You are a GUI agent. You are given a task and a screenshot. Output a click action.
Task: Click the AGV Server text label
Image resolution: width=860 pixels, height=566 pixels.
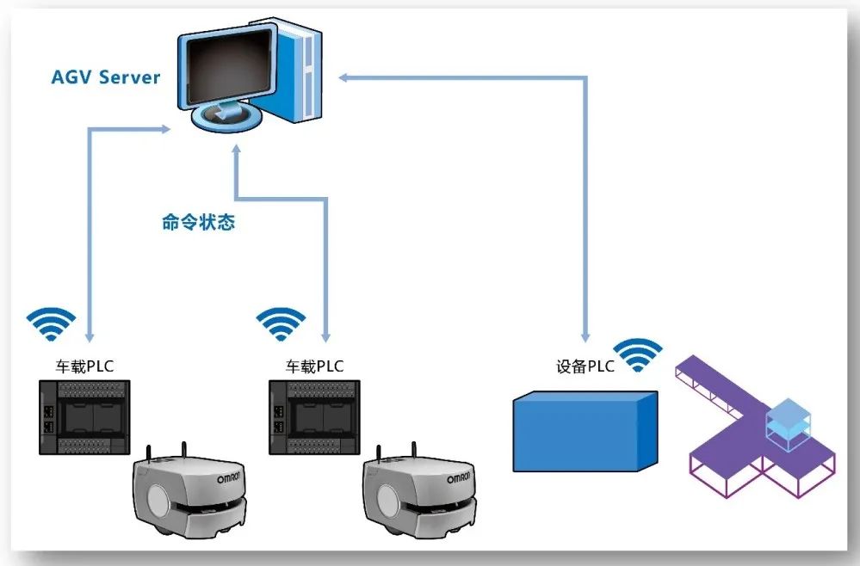click(105, 77)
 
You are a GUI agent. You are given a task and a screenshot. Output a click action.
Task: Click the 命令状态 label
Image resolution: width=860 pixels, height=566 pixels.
click(199, 222)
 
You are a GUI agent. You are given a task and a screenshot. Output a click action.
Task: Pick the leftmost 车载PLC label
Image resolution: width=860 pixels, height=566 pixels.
click(84, 366)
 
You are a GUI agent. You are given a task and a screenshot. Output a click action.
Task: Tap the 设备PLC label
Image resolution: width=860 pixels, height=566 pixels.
click(585, 366)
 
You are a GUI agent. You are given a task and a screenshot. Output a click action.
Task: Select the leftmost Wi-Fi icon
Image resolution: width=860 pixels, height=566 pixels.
click(51, 323)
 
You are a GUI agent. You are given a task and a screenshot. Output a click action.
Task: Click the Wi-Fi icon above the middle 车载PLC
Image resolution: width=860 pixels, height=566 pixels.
click(281, 323)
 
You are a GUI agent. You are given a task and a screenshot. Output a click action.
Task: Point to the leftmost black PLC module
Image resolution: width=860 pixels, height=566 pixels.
click(84, 417)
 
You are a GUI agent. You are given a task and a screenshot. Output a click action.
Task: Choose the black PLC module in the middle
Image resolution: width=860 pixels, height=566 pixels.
click(314, 417)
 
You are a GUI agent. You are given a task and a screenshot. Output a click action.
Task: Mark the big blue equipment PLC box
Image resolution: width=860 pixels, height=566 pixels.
click(585, 431)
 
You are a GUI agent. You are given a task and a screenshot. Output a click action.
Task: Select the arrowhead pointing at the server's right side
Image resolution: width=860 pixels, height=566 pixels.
click(344, 77)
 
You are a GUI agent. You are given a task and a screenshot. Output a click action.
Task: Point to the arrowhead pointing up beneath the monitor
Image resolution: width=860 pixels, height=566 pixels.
click(237, 151)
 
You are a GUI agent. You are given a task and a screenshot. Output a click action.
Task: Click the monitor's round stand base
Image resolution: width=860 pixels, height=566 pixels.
click(226, 116)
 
